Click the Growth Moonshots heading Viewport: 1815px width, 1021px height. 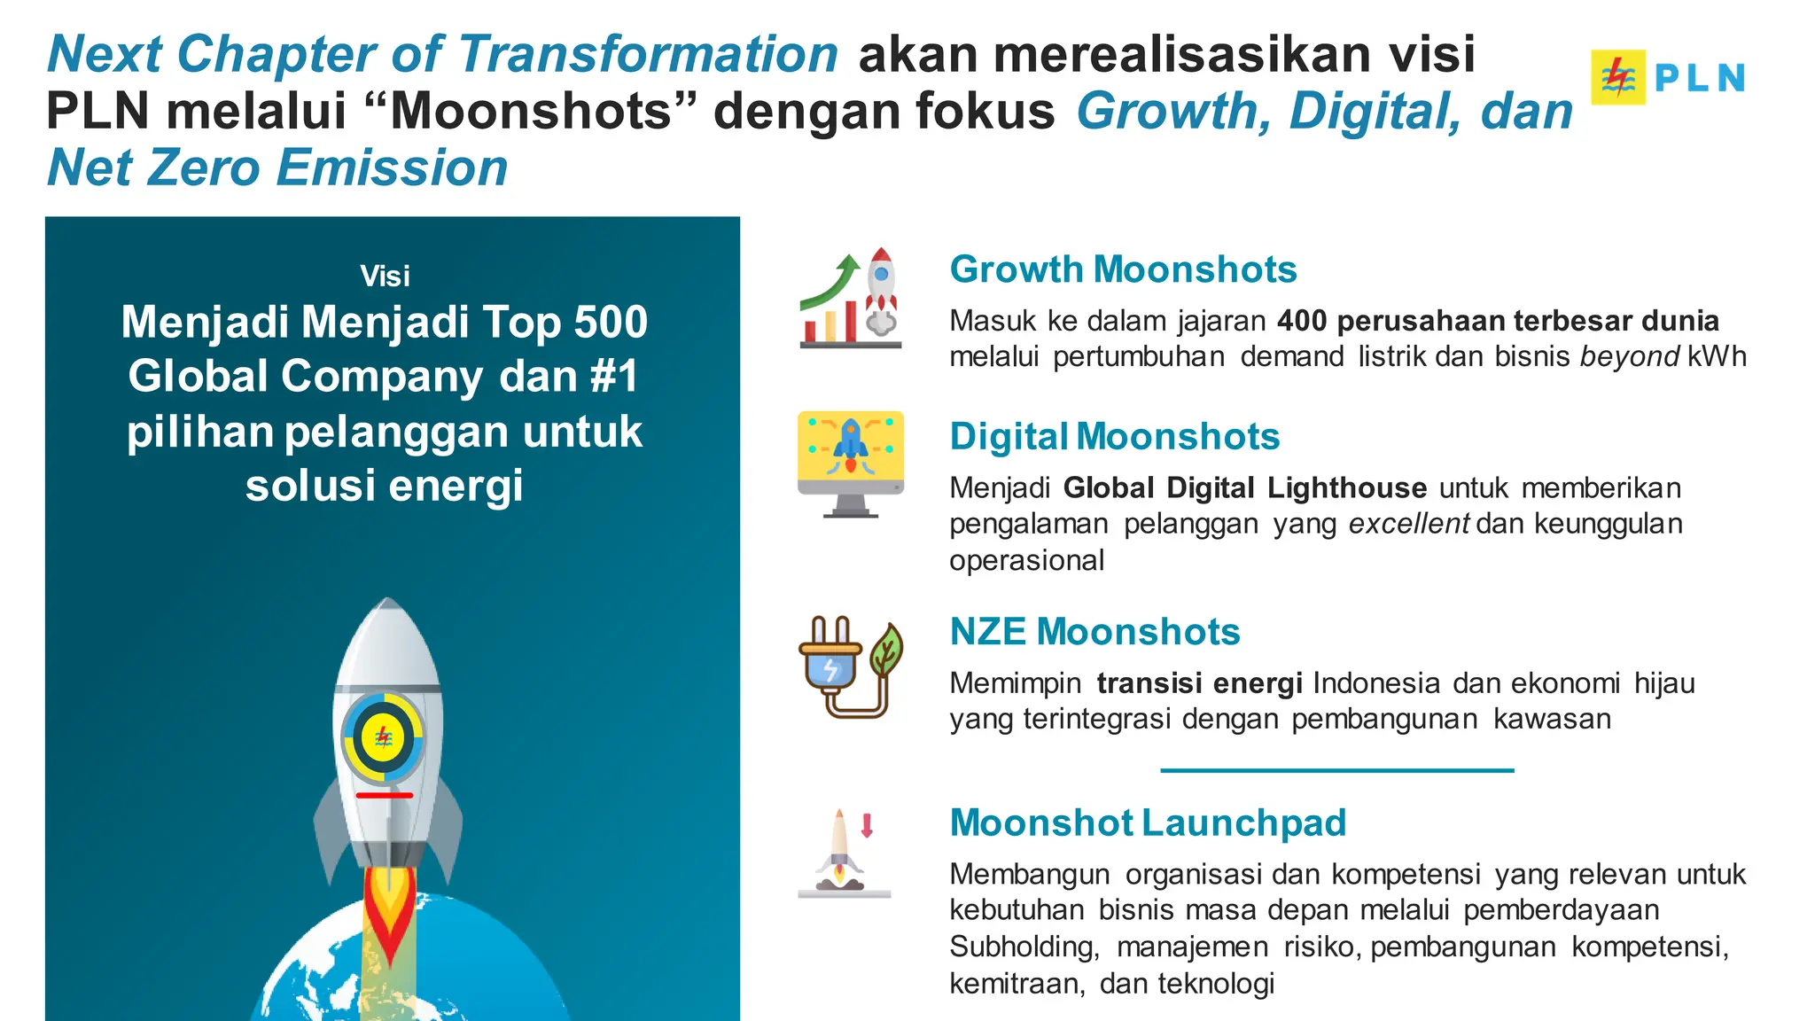pos(1123,269)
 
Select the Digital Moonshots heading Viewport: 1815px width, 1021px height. pos(1114,437)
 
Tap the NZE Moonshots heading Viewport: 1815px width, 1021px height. pos(1094,632)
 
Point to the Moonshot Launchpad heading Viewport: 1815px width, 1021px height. pos(1148,822)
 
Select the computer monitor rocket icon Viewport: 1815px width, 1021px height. pos(851,463)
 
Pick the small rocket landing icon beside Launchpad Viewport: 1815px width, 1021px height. pos(845,853)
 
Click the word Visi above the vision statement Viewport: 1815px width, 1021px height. pos(385,277)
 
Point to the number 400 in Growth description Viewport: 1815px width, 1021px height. pos(1302,321)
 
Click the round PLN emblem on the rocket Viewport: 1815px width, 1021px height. pos(384,737)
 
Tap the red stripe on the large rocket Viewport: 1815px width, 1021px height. pos(384,795)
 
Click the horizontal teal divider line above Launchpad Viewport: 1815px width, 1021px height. pos(1336,770)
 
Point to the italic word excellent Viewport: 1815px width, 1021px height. pos(1409,525)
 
